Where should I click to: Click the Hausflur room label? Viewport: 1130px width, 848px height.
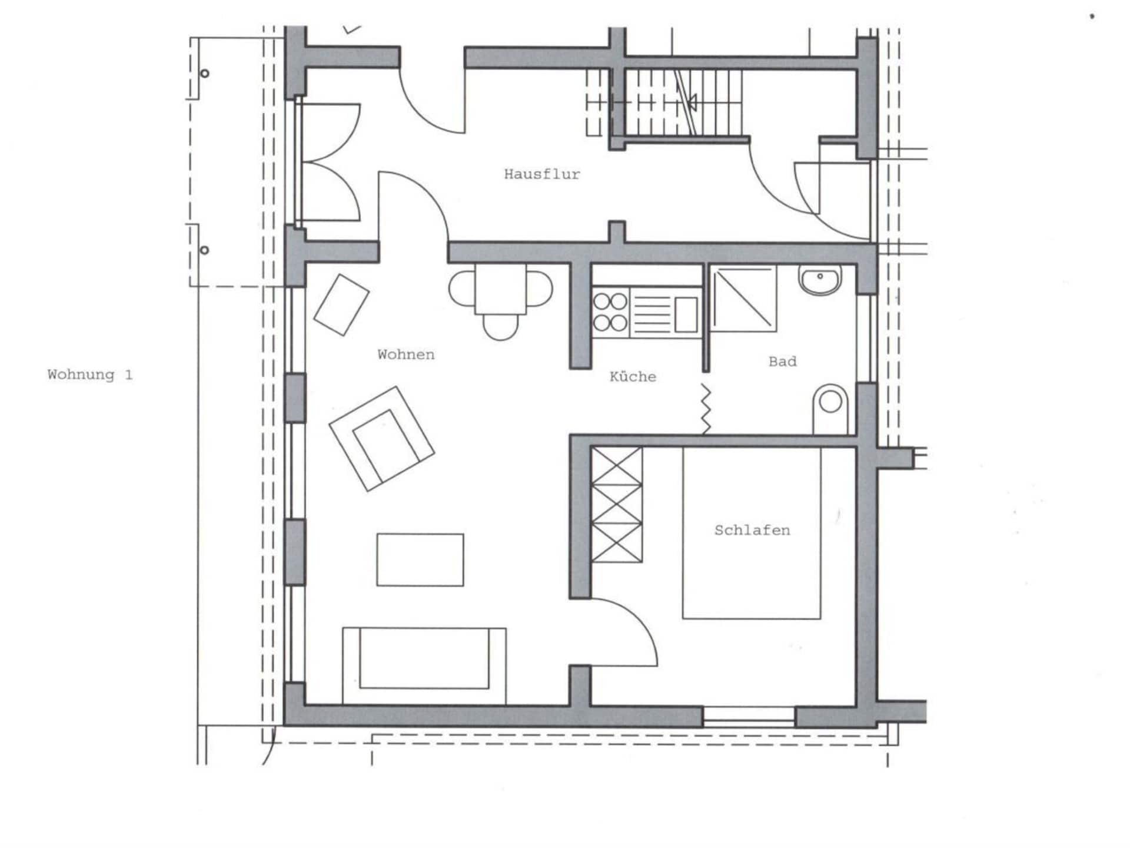pyautogui.click(x=541, y=174)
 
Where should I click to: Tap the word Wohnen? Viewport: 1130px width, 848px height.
pyautogui.click(x=406, y=355)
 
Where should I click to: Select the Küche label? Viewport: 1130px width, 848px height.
pyautogui.click(x=633, y=376)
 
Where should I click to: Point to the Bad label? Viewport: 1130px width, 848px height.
pyautogui.click(x=783, y=362)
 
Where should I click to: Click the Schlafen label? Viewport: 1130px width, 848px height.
pyautogui.click(x=752, y=530)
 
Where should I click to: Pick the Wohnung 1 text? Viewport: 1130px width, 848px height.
pyautogui.click(x=90, y=375)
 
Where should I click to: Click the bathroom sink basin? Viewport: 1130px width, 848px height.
pyautogui.click(x=820, y=280)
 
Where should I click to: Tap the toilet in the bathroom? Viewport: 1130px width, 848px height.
pyautogui.click(x=830, y=409)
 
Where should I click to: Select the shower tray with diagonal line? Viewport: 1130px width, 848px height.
pyautogui.click(x=743, y=299)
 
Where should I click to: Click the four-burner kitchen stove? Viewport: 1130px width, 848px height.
pyautogui.click(x=610, y=312)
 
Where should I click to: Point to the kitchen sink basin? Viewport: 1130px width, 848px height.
pyautogui.click(x=686, y=314)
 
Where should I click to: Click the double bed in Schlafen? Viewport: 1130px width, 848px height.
pyautogui.click(x=752, y=533)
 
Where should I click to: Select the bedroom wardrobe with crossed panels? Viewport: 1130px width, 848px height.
pyautogui.click(x=616, y=504)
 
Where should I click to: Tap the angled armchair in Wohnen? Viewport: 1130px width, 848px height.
pyautogui.click(x=381, y=438)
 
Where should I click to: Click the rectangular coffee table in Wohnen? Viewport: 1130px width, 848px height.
pyautogui.click(x=420, y=559)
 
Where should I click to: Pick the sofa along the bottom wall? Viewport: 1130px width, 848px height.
pyautogui.click(x=424, y=665)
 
